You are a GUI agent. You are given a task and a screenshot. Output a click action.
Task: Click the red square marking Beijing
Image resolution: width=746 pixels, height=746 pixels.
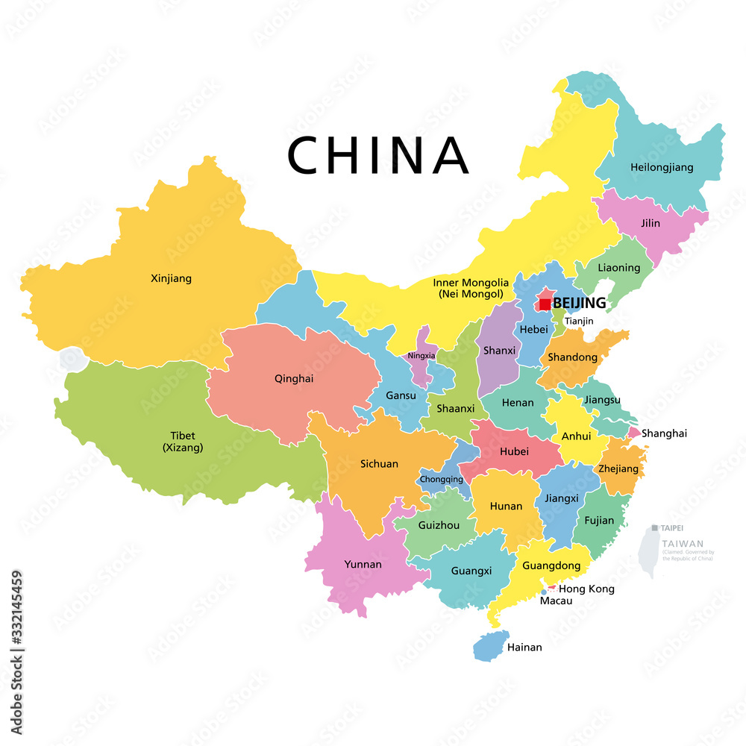[x=545, y=304]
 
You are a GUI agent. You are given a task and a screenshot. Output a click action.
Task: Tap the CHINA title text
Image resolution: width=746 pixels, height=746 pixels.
[x=378, y=156]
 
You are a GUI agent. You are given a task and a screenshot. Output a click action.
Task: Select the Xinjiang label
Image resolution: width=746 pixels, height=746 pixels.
[x=171, y=278]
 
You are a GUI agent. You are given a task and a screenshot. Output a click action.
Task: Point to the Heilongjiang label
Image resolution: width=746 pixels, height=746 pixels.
[x=661, y=167]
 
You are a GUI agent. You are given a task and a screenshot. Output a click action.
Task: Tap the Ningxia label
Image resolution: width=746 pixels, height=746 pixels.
[x=421, y=356]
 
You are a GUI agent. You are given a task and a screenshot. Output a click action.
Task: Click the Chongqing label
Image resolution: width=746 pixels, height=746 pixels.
[x=441, y=479]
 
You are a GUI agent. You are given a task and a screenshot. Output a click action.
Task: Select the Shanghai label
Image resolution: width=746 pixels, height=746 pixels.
[x=664, y=433]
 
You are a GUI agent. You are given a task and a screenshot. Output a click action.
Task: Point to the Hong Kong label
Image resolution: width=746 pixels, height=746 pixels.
[x=592, y=589]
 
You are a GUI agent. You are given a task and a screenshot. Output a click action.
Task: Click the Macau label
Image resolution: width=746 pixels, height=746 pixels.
[x=556, y=601]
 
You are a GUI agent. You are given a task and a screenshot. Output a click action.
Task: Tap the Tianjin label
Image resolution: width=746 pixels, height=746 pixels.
[x=579, y=322]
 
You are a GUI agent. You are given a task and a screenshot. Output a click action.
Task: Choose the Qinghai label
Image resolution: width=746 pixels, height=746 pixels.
[x=294, y=378]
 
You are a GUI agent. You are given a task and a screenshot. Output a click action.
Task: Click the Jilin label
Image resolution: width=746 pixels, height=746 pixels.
[x=650, y=223]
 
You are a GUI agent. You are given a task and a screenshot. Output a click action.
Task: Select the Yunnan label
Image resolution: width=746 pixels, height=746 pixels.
[x=363, y=564]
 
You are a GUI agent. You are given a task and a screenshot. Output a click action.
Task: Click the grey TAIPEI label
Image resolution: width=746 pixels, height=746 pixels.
[x=671, y=527]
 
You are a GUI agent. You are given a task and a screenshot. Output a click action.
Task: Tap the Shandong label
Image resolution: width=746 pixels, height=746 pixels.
[x=572, y=357]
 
